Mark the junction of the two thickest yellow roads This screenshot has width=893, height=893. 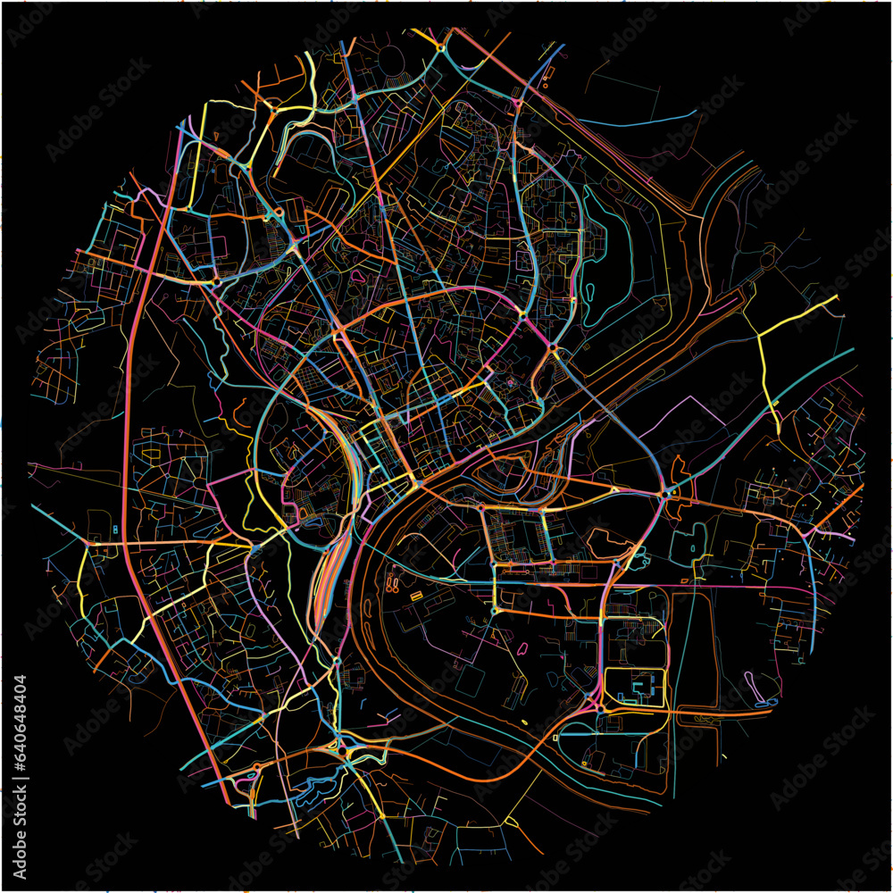tap(760, 337)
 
